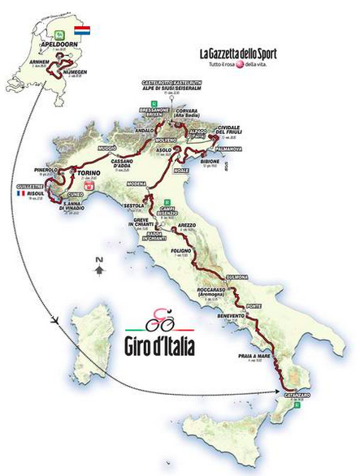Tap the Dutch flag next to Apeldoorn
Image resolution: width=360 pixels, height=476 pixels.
coord(82,32)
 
